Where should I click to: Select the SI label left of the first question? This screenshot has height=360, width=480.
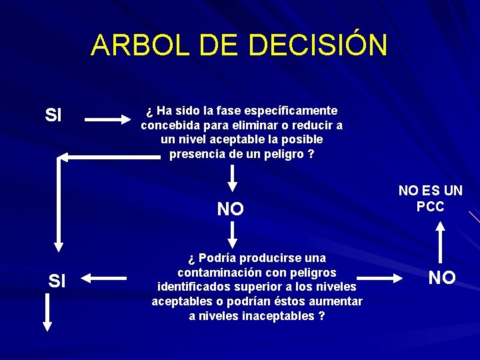tap(53, 115)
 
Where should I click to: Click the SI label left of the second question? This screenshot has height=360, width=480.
tap(57, 281)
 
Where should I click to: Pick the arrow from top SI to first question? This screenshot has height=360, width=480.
tap(110, 120)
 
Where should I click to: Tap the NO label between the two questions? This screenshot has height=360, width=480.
tap(231, 209)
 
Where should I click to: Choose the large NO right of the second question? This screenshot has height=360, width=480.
tap(442, 278)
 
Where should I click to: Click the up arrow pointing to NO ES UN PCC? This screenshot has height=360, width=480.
tap(441, 244)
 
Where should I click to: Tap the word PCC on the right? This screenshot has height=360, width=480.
tap(430, 207)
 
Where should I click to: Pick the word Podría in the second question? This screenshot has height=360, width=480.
tap(215, 257)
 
